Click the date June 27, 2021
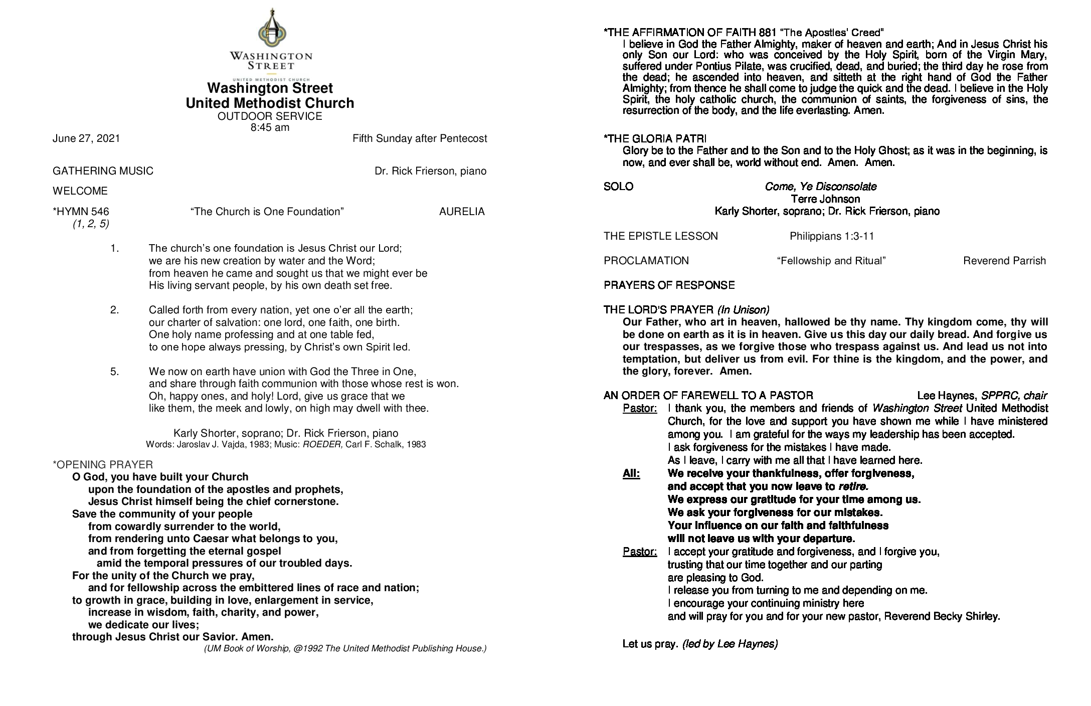pyautogui.click(x=86, y=139)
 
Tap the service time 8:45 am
pyautogui.click(x=270, y=127)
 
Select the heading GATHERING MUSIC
pyautogui.click(x=103, y=171)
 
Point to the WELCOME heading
pyautogui.click(x=80, y=191)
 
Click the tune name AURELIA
pyautogui.click(x=462, y=212)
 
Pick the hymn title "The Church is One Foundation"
pyautogui.click(x=267, y=212)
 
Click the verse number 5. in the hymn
pyautogui.click(x=115, y=372)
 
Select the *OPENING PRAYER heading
pyautogui.click(x=103, y=465)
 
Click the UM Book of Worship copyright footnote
pyautogui.click(x=345, y=649)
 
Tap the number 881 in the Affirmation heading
pyautogui.click(x=768, y=33)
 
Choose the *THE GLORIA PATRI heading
pyautogui.click(x=655, y=139)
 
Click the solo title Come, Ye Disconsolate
pyautogui.click(x=821, y=187)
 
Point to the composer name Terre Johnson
pyautogui.click(x=825, y=199)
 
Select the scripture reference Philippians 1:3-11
pyautogui.click(x=831, y=236)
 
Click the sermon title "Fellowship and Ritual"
pyautogui.click(x=831, y=261)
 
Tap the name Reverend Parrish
pyautogui.click(x=1004, y=261)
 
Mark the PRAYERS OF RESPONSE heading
pyautogui.click(x=669, y=286)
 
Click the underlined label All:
pyautogui.click(x=631, y=474)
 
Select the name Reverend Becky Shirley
pyautogui.click(x=942, y=617)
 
